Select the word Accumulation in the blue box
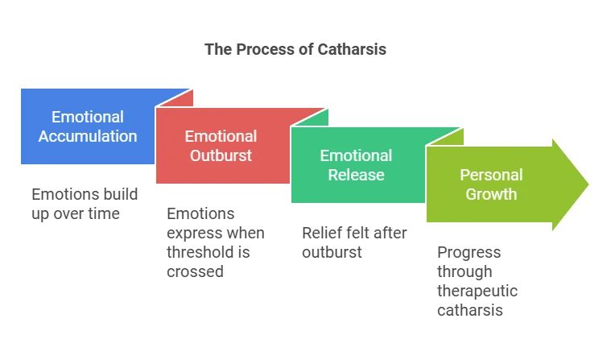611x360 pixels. pos(88,136)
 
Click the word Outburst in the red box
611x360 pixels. pos(221,155)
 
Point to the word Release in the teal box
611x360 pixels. pos(356,175)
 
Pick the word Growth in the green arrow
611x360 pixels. pos(491,194)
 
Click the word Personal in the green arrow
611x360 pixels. pos(491,175)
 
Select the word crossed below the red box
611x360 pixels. pos(196,271)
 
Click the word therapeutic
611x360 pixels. pos(477,291)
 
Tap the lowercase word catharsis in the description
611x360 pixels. pos(470,310)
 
